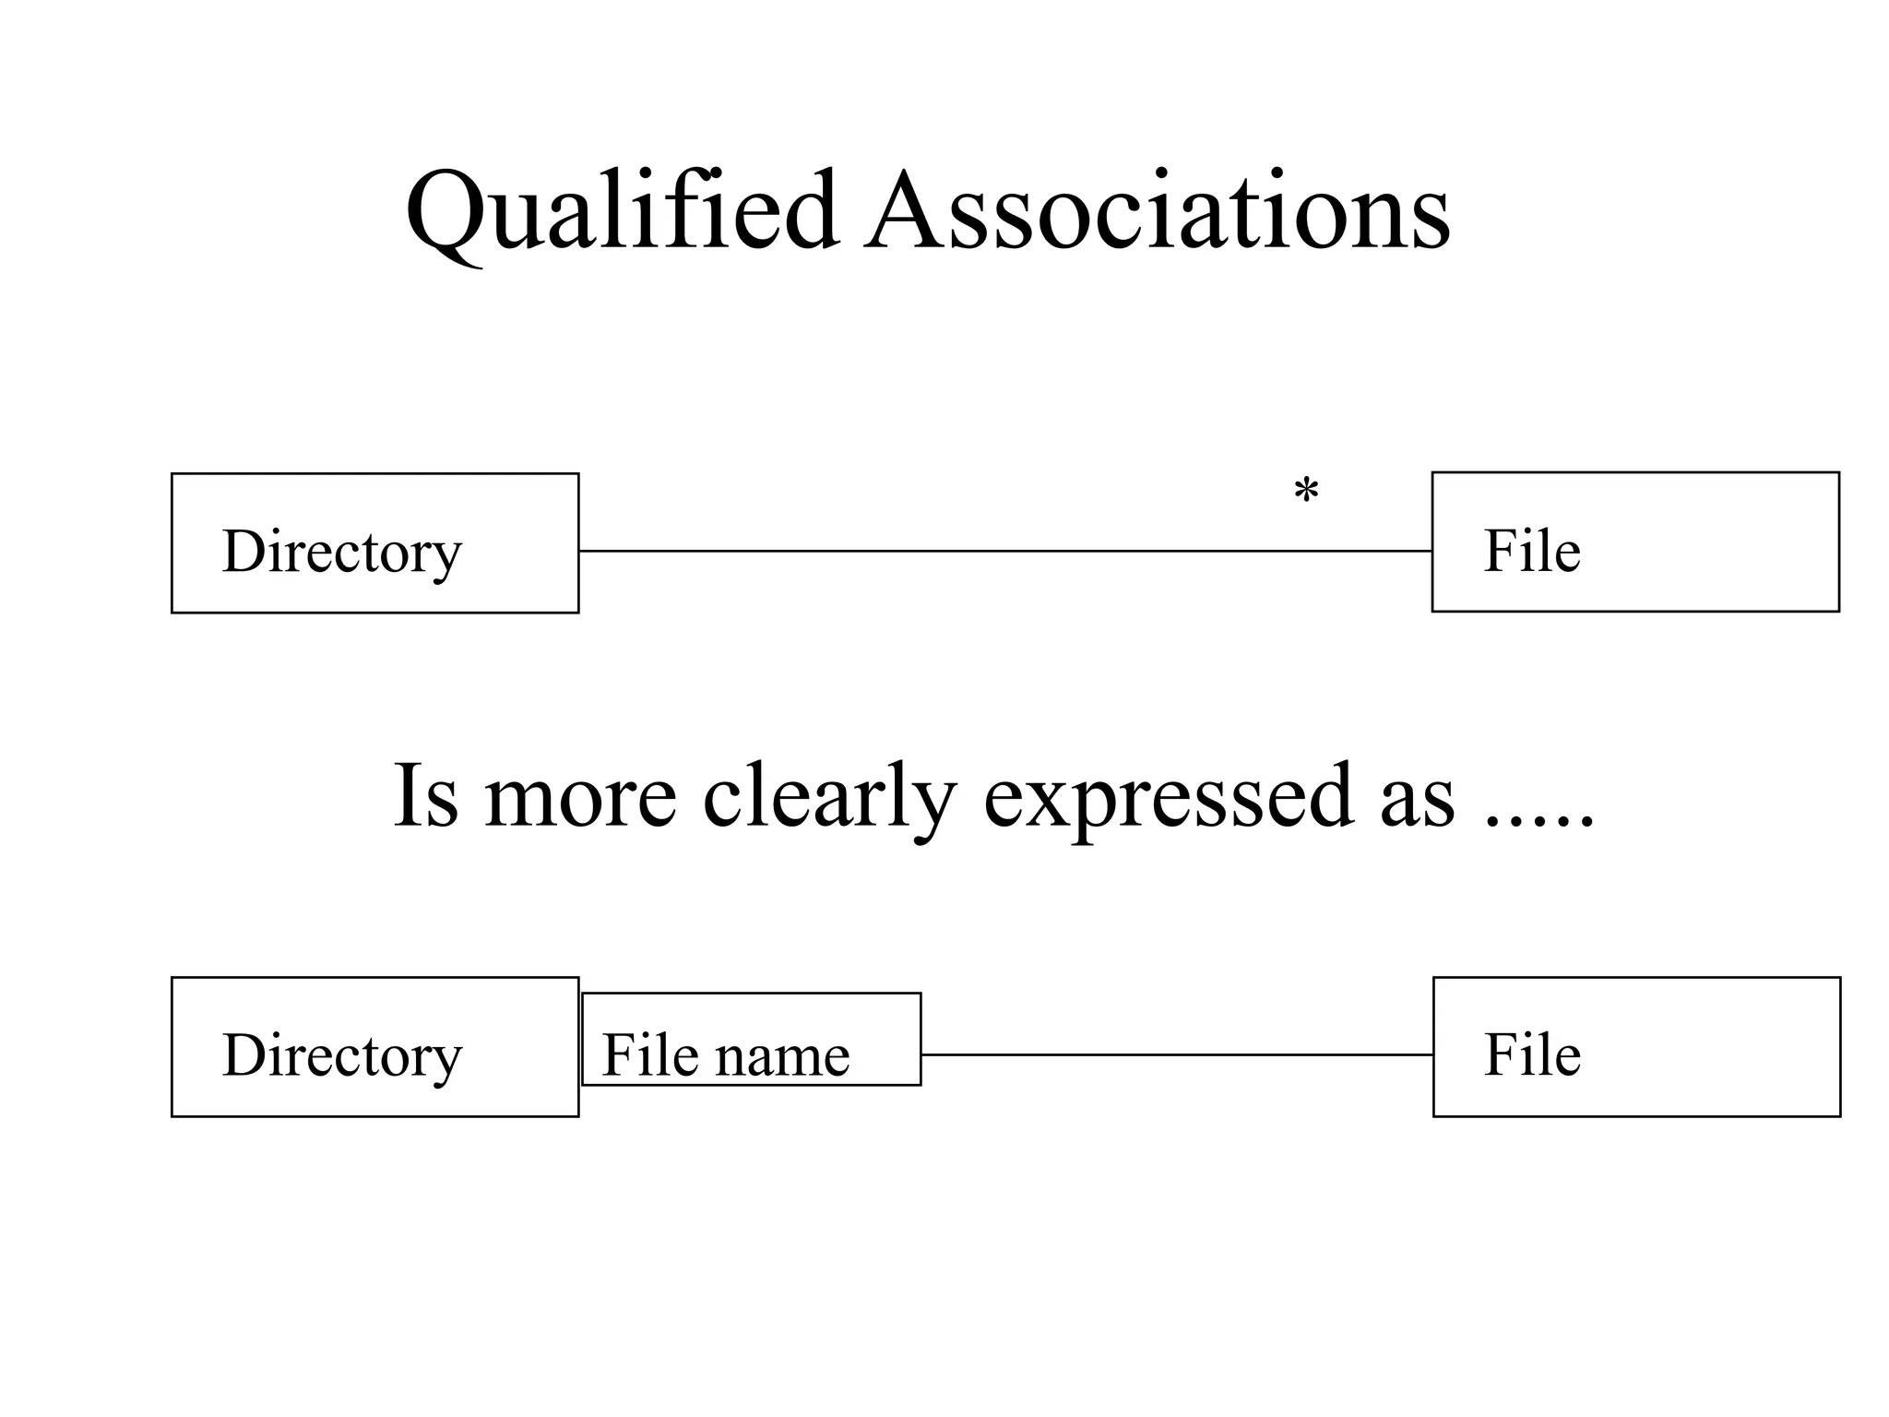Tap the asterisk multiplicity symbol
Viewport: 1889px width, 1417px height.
tap(1306, 491)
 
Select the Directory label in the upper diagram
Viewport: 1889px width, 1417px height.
tap(341, 552)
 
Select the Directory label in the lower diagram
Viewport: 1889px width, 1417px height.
tap(341, 1055)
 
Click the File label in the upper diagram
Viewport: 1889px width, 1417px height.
tap(1532, 552)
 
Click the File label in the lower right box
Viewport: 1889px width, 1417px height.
tap(1532, 1055)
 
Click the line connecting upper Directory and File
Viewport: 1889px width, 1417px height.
tap(1005, 551)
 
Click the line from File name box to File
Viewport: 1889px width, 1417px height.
tap(1176, 1054)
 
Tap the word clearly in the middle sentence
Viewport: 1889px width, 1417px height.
tap(829, 796)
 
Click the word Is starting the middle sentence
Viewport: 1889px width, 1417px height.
tap(425, 796)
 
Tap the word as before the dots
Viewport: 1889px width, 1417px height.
tap(1417, 801)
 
